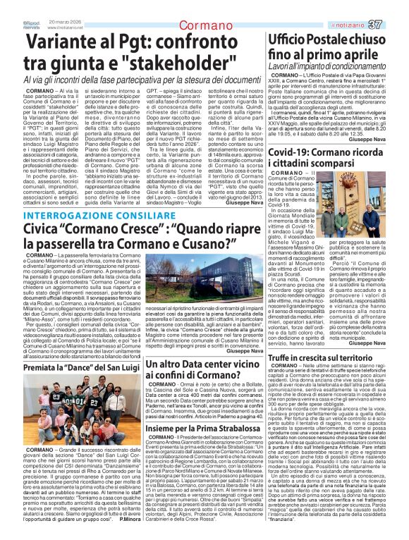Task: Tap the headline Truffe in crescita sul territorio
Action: [x=331, y=358]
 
